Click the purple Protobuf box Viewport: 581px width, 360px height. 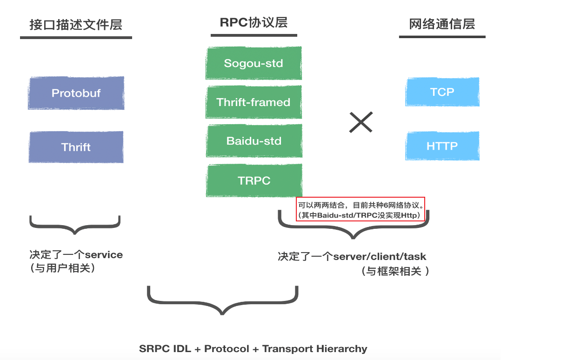tap(76, 93)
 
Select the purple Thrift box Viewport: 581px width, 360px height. tap(76, 147)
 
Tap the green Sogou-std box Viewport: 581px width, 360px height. tap(254, 63)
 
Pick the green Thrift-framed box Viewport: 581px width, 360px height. tap(254, 102)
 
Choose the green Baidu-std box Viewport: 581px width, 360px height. tap(254, 140)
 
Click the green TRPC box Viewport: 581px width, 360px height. tap(254, 180)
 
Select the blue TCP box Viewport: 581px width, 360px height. tap(442, 92)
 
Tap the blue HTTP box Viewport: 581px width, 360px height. tap(442, 146)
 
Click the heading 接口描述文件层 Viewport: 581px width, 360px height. tap(76, 25)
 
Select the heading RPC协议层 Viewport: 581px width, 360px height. tap(254, 22)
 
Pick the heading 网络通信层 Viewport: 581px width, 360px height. tap(442, 24)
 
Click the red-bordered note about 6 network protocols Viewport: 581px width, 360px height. tap(361, 209)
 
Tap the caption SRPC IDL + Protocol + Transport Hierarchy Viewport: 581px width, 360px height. tap(253, 349)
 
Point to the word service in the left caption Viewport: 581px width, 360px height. tap(104, 255)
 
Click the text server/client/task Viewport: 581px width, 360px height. tap(380, 256)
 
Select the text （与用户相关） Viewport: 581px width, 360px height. tap(62, 268)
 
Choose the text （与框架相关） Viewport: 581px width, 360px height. tap(395, 271)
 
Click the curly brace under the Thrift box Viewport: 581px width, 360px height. tap(75, 224)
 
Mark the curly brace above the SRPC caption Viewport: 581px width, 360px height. tap(222, 300)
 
